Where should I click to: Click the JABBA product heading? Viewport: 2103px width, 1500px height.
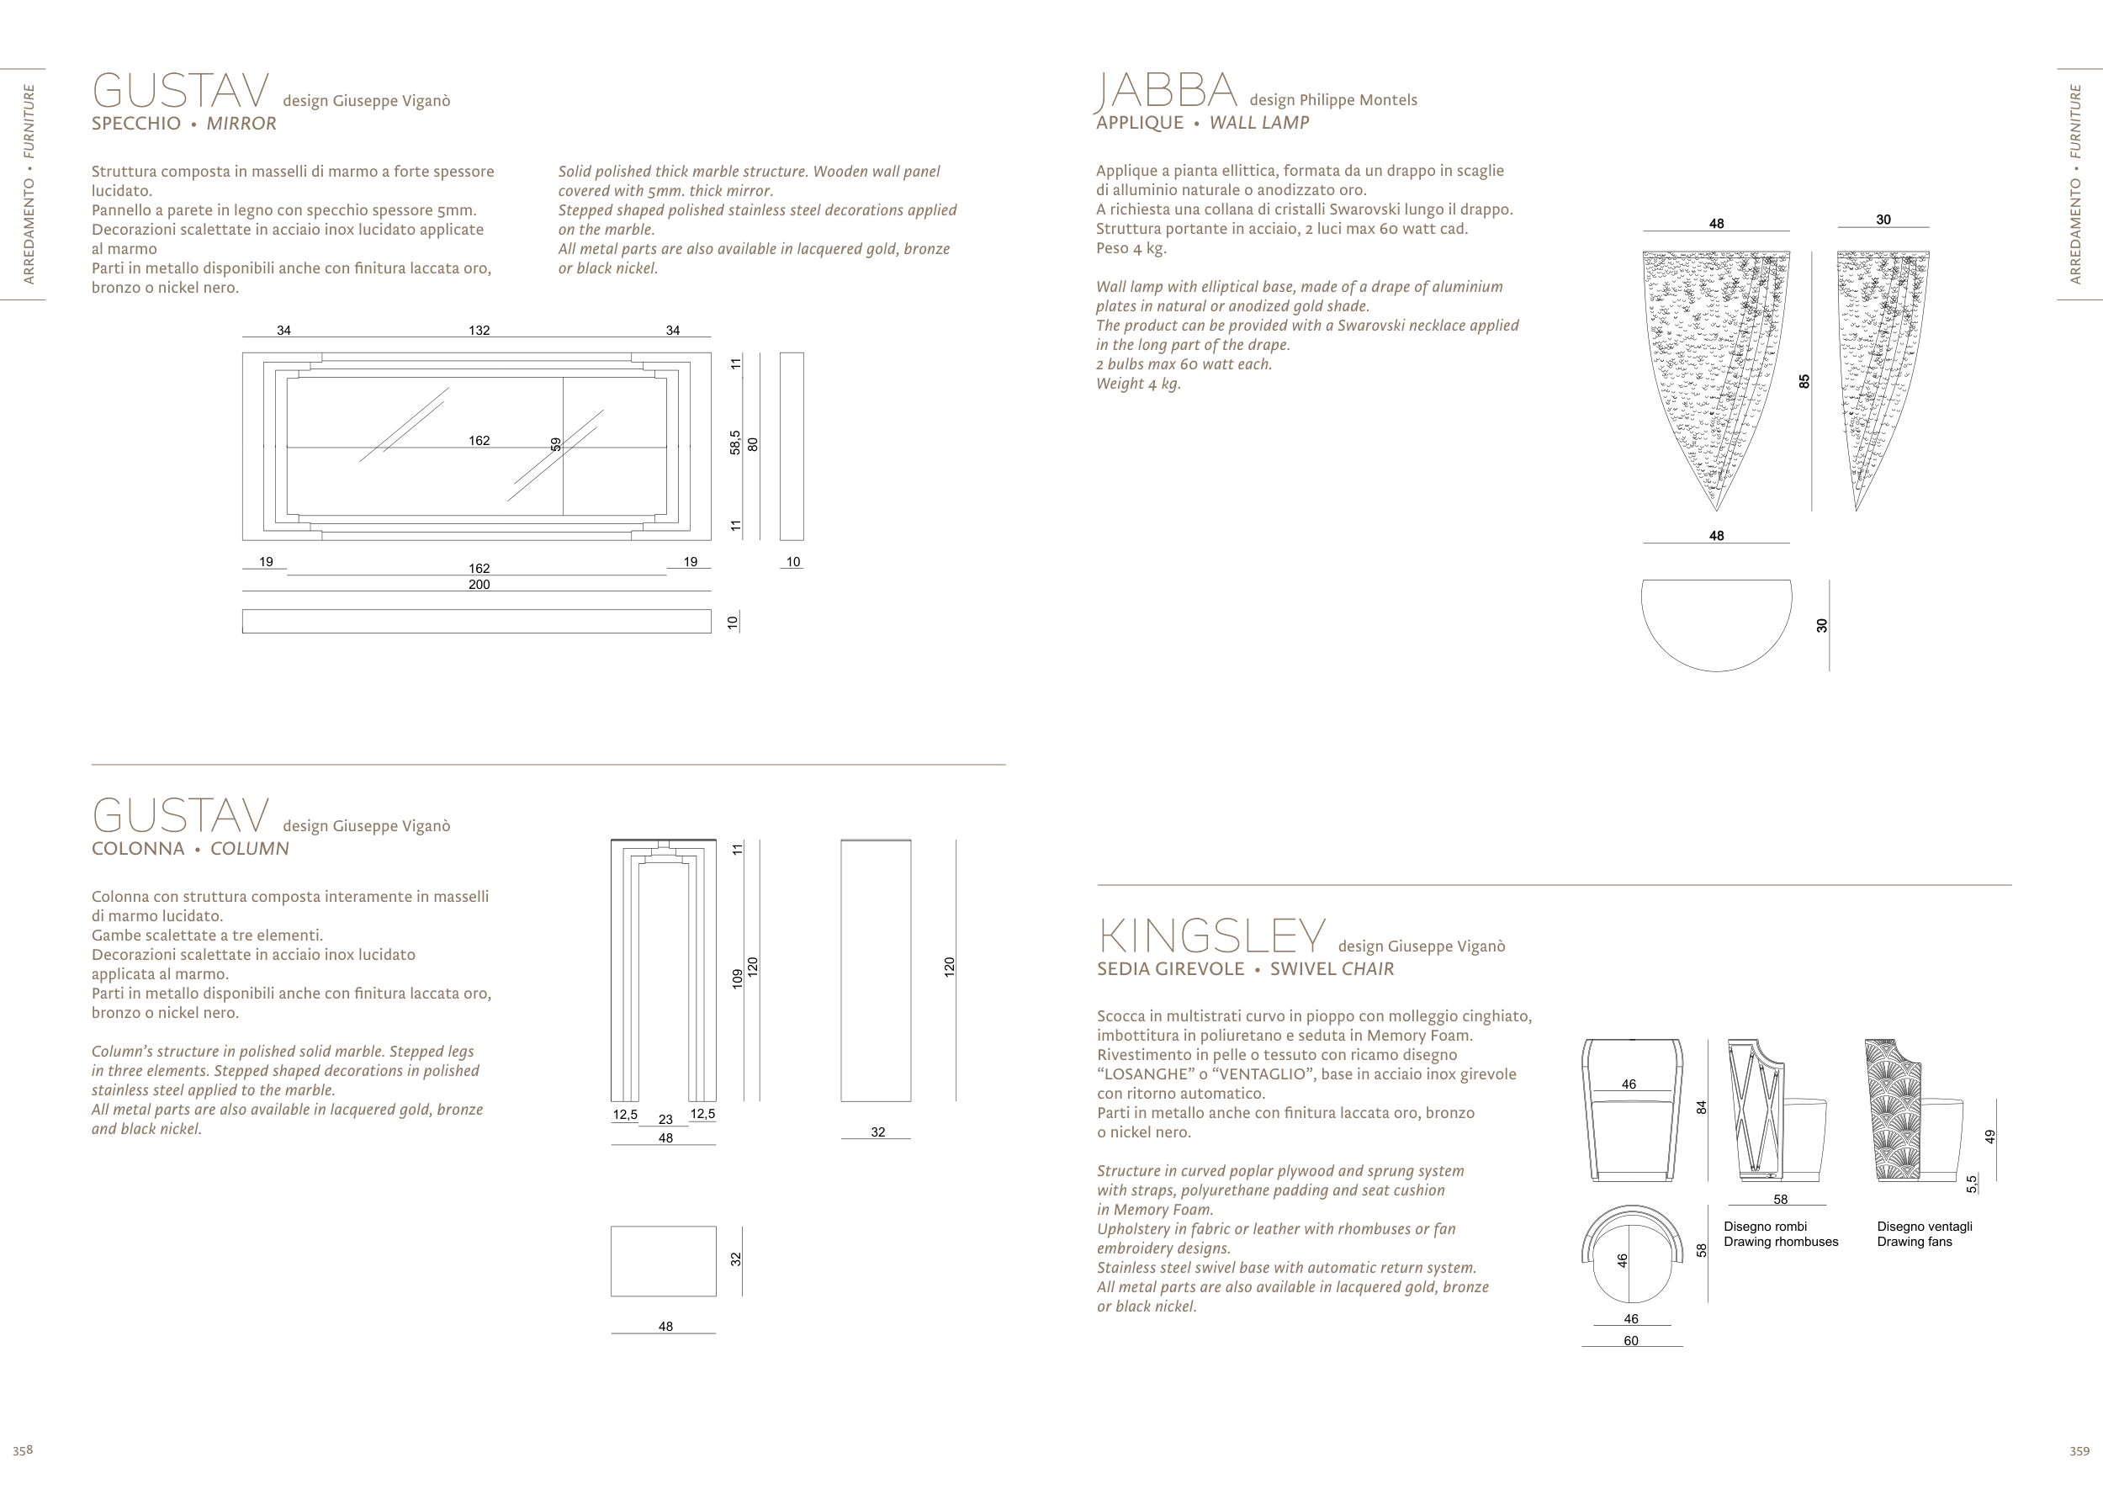(x=1166, y=91)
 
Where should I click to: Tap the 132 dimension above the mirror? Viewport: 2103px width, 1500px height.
(x=479, y=330)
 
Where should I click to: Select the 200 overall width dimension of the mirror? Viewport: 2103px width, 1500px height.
(x=479, y=584)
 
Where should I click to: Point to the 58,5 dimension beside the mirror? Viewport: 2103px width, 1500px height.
(x=735, y=443)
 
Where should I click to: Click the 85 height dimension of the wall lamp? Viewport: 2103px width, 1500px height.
(x=1804, y=380)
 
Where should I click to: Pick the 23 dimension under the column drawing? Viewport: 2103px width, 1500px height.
(x=665, y=1119)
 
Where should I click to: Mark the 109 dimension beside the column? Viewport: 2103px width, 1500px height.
(x=737, y=978)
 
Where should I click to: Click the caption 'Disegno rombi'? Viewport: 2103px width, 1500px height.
(x=1765, y=1226)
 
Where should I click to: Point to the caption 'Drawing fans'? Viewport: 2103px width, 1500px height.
(x=1914, y=1242)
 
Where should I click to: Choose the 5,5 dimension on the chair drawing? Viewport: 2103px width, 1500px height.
(x=1971, y=1183)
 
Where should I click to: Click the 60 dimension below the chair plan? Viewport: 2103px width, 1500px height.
(x=1631, y=1340)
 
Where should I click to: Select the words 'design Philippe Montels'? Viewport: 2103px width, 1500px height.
(x=1332, y=100)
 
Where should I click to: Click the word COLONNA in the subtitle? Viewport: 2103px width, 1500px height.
(x=138, y=849)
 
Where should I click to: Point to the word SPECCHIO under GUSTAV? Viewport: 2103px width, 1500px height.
(x=135, y=124)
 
